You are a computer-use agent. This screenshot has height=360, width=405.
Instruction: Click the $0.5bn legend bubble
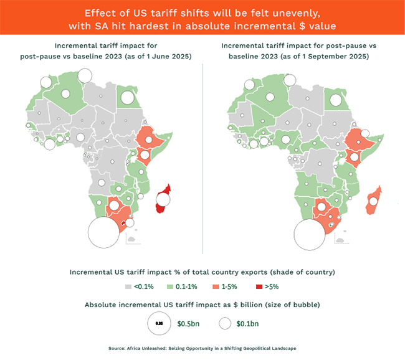(x=159, y=324)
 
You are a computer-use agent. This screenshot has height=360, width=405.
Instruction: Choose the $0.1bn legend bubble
(x=226, y=324)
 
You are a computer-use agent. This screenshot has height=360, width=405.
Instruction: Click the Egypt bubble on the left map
(x=128, y=97)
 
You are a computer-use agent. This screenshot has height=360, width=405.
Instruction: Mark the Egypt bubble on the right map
(x=336, y=100)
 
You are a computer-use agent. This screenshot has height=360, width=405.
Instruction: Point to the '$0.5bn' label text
(x=189, y=324)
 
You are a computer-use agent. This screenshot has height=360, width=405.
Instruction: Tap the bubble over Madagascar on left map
(x=163, y=199)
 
